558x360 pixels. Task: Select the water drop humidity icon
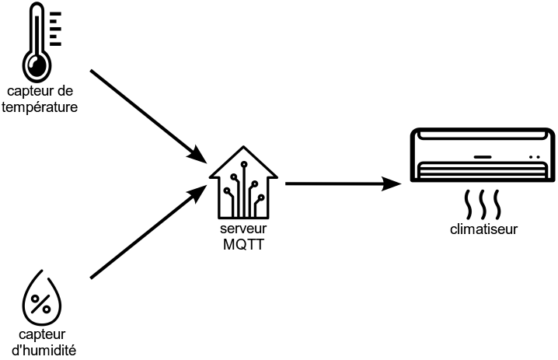[42, 298]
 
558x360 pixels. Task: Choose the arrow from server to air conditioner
[342, 184]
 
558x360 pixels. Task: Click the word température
[40, 108]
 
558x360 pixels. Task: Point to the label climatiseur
[483, 229]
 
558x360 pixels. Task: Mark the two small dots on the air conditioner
[535, 156]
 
